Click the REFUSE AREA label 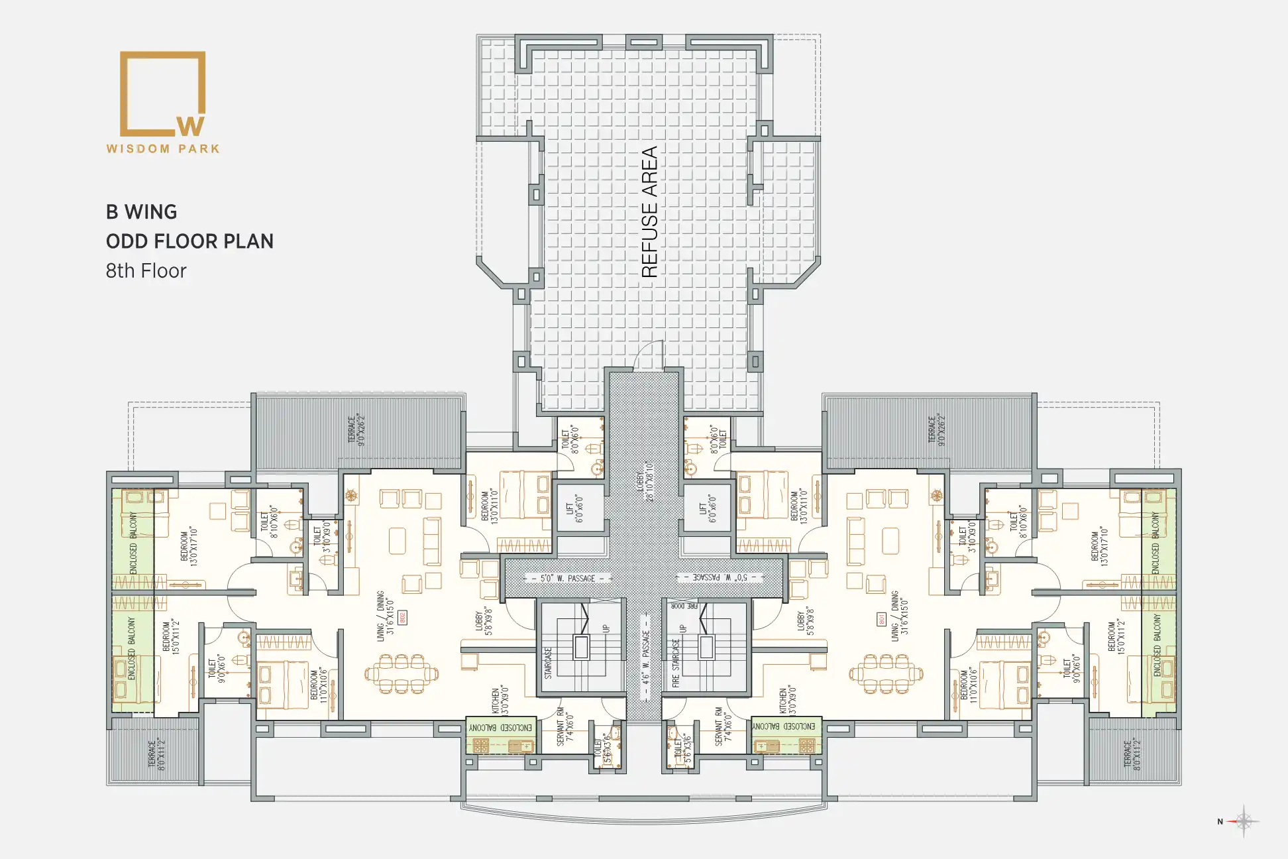coord(649,212)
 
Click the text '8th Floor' coord(146,271)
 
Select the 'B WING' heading coord(142,212)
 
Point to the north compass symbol coord(1243,822)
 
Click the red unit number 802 coord(402,618)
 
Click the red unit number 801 coord(882,619)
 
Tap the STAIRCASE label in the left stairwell coord(549,663)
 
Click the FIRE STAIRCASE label coord(676,663)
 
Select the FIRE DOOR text coord(684,606)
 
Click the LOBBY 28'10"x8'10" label coord(645,481)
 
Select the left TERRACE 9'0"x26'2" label coord(356,430)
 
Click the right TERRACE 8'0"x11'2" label coord(1132,754)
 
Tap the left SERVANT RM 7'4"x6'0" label coord(565,726)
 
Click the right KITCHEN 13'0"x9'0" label coord(788,701)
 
